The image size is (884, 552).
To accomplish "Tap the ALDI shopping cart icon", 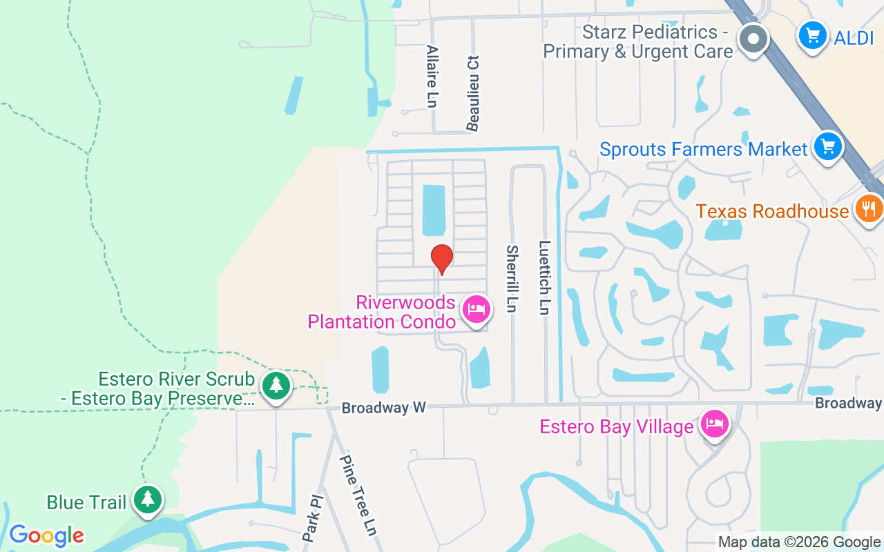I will [x=812, y=35].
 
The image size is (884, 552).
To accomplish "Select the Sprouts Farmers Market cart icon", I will [x=828, y=146].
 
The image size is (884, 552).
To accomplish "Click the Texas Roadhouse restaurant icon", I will [x=869, y=208].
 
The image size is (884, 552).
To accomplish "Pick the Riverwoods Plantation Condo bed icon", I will [x=476, y=309].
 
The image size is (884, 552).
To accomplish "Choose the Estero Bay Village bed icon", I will [x=715, y=424].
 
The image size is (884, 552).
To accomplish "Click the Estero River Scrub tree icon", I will [x=276, y=385].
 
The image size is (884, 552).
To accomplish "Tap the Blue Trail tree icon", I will [x=147, y=499].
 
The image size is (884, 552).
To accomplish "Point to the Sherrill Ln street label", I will [x=511, y=279].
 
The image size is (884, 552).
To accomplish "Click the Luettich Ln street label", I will [x=544, y=278].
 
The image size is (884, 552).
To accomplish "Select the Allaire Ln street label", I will [x=432, y=77].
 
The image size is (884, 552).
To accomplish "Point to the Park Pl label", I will [x=311, y=517].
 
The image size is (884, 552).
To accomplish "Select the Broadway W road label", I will [x=384, y=408].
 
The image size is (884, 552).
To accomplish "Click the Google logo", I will [x=46, y=535].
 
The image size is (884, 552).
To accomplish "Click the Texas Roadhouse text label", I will [x=771, y=210].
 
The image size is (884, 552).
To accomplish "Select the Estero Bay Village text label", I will [x=616, y=426].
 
